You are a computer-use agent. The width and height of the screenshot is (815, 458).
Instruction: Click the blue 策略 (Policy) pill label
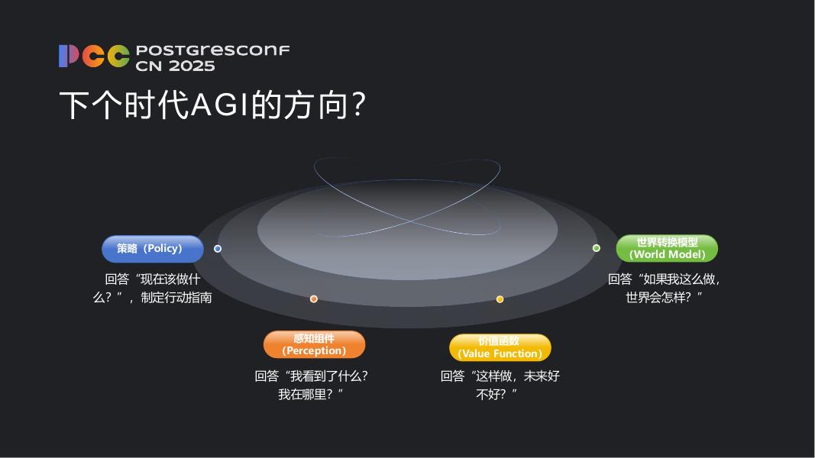tap(153, 249)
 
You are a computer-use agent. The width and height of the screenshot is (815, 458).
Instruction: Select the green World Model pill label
tap(667, 248)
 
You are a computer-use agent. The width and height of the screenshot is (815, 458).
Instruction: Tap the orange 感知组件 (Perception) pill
tap(314, 344)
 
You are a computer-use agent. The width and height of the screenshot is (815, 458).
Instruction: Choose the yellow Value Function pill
tap(500, 347)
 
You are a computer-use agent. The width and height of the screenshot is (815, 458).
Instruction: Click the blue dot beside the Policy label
tap(218, 249)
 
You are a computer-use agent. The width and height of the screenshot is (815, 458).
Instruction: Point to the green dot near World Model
tap(597, 248)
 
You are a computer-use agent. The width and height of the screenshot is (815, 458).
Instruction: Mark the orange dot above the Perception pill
tap(314, 299)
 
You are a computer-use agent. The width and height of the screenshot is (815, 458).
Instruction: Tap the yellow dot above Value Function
tap(500, 299)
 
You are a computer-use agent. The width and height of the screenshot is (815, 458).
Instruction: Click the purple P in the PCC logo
tap(69, 56)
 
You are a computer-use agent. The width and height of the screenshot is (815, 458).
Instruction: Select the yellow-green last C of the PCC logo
tap(118, 56)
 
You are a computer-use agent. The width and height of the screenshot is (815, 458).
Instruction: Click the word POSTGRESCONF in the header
tap(212, 50)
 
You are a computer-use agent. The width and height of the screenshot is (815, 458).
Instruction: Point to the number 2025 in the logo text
tap(192, 66)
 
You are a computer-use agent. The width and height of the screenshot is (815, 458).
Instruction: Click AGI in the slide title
tap(221, 105)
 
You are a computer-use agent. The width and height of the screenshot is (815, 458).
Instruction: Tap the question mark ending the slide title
tap(356, 105)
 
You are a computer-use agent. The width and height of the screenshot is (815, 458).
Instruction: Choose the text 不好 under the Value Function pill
tap(489, 394)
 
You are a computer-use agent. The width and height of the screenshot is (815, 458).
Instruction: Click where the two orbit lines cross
tap(410, 221)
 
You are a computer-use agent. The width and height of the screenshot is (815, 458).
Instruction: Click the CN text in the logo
tap(148, 66)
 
